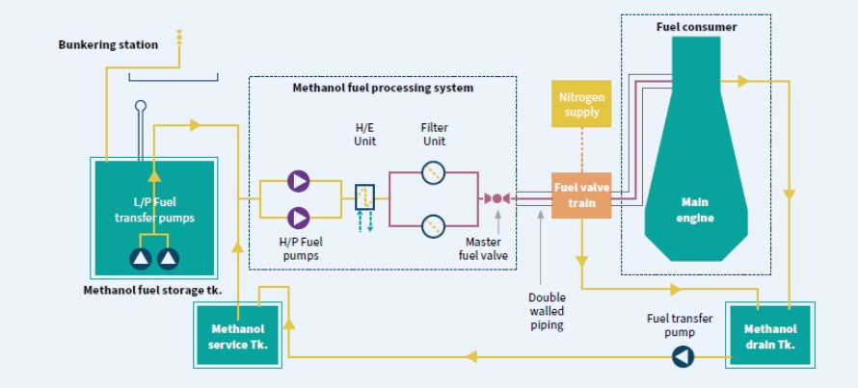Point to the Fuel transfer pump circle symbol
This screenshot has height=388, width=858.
tap(684, 357)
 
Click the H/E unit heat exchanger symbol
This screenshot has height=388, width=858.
tap(364, 198)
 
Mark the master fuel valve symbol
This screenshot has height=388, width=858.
tap(496, 198)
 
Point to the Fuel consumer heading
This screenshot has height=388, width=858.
tap(696, 27)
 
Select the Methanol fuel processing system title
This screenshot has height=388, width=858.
tap(383, 88)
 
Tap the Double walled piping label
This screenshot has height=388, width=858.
tap(548, 311)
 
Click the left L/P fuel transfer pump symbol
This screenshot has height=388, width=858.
tap(142, 257)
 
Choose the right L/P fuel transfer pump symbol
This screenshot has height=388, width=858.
tap(169, 257)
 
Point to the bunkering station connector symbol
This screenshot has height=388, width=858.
tap(179, 39)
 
